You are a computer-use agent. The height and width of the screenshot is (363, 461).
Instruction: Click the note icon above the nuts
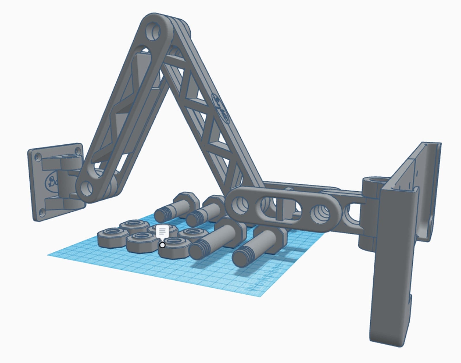162,231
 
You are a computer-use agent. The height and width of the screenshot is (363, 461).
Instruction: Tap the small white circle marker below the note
163,245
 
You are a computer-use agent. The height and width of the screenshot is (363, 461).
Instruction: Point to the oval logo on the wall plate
52,181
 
